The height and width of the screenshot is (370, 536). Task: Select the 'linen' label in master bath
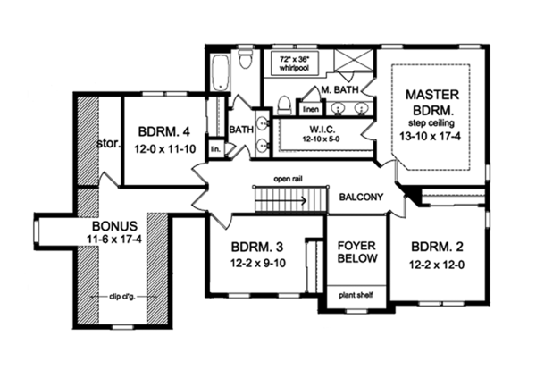coord(310,109)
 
